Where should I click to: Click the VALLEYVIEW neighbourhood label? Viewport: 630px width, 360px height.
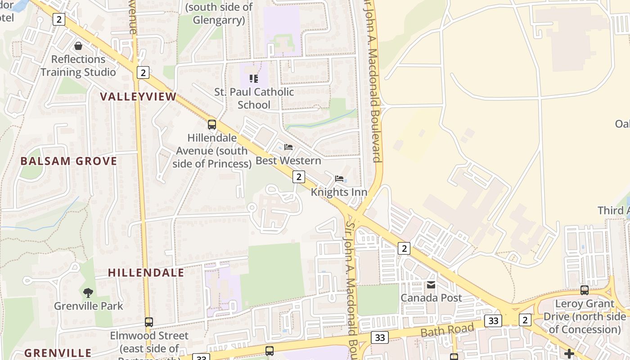[138, 97]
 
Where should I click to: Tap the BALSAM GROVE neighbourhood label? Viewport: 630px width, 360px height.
[69, 161]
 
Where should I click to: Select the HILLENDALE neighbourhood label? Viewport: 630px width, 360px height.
[146, 273]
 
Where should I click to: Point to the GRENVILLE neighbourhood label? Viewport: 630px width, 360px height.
[58, 353]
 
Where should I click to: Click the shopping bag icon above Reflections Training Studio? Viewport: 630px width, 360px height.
[78, 46]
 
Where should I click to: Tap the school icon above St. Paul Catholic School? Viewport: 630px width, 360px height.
[254, 79]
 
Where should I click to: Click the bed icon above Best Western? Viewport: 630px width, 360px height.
[288, 147]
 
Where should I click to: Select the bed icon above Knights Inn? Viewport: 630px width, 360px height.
[339, 179]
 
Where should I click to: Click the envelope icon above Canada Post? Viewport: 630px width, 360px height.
[431, 285]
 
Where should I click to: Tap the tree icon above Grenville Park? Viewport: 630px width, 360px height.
[88, 293]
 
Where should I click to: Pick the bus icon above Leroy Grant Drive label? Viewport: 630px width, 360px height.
[584, 290]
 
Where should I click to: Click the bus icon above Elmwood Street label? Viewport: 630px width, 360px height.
[149, 322]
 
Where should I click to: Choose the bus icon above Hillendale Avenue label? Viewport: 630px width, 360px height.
[211, 125]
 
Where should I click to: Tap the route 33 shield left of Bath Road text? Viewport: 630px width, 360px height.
[380, 337]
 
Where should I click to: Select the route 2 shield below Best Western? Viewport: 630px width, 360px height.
[298, 176]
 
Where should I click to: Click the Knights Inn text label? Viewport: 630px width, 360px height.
[339, 192]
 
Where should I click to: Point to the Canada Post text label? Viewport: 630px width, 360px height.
[431, 298]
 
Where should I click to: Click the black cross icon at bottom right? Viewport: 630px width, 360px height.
[569, 353]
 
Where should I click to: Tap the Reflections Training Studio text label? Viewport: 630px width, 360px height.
[78, 66]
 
